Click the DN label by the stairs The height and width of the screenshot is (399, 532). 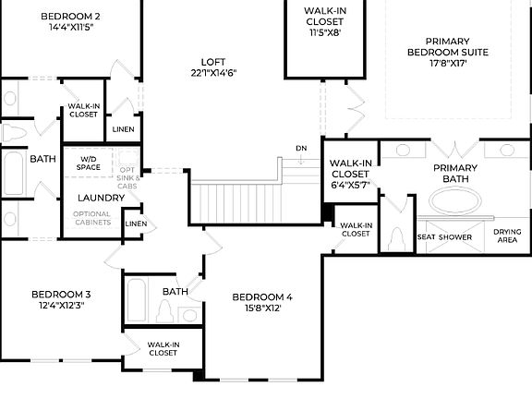click(301, 148)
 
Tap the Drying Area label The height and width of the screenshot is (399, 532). click(506, 237)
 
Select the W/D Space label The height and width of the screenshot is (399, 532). click(89, 162)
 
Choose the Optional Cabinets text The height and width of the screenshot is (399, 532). click(92, 218)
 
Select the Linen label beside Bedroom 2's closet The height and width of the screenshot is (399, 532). click(123, 129)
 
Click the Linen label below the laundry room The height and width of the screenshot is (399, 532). click(135, 224)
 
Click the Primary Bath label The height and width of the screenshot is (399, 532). click(455, 173)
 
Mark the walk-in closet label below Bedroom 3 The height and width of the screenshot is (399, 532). click(163, 348)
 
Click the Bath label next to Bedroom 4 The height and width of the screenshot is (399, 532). click(175, 292)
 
